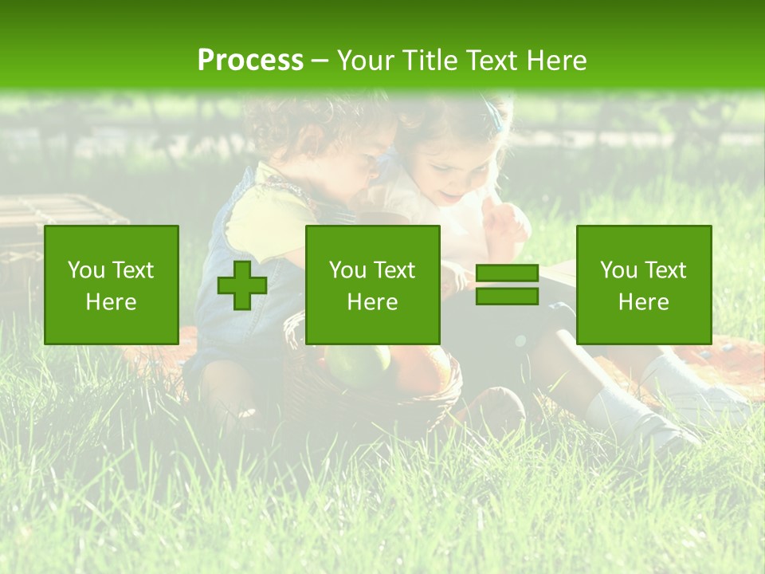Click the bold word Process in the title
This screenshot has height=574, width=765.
click(250, 61)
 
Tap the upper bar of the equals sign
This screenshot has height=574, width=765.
click(507, 273)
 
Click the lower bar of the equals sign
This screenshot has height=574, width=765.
click(507, 297)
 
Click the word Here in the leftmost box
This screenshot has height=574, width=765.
click(112, 302)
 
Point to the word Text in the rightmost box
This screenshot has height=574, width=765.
click(665, 270)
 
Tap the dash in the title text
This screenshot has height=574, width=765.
click(320, 61)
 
